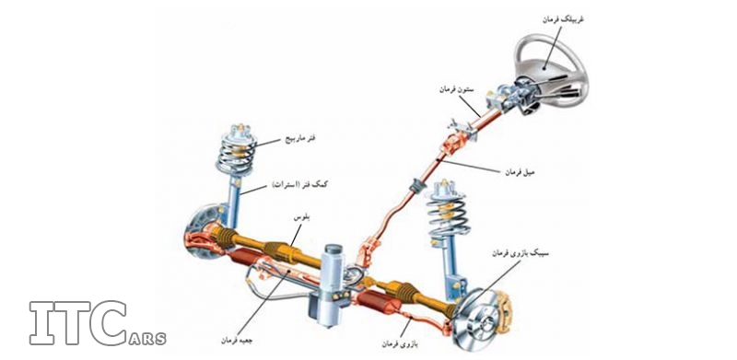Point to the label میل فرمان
[521, 172]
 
